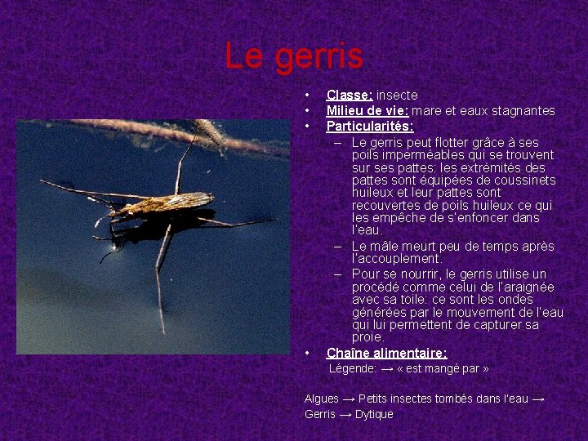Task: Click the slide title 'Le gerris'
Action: (294, 56)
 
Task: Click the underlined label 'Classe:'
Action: (350, 96)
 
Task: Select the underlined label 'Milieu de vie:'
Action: (367, 111)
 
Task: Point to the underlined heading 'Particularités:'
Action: (370, 127)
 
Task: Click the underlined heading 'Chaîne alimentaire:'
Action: (386, 354)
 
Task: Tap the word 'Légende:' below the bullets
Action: (353, 369)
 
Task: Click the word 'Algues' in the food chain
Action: (321, 399)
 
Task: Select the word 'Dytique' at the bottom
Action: (374, 414)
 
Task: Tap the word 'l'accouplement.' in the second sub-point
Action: (395, 258)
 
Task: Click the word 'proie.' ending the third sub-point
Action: (367, 337)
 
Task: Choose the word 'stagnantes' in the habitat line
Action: (523, 111)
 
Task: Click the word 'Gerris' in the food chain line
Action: (319, 414)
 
